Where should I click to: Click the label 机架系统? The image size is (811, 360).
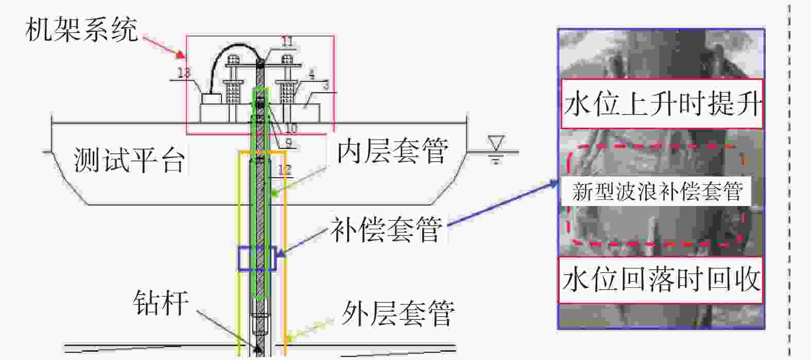point(81,30)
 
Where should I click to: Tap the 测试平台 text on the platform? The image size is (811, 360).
point(129,160)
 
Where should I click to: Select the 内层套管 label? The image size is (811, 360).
point(392,151)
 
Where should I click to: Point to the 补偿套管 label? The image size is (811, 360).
point(386,229)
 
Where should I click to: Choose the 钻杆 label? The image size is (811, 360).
point(161,302)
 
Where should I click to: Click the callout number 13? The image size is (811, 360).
point(184,73)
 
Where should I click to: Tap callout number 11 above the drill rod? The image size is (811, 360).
point(287,42)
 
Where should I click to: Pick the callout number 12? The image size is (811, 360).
point(284,169)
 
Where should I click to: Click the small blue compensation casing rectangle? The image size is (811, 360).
point(257,259)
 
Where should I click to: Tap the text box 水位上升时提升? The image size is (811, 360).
point(662,104)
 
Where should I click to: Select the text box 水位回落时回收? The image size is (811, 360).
point(661,280)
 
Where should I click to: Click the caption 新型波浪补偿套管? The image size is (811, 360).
point(658,192)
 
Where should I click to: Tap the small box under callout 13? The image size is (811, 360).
point(211,98)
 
